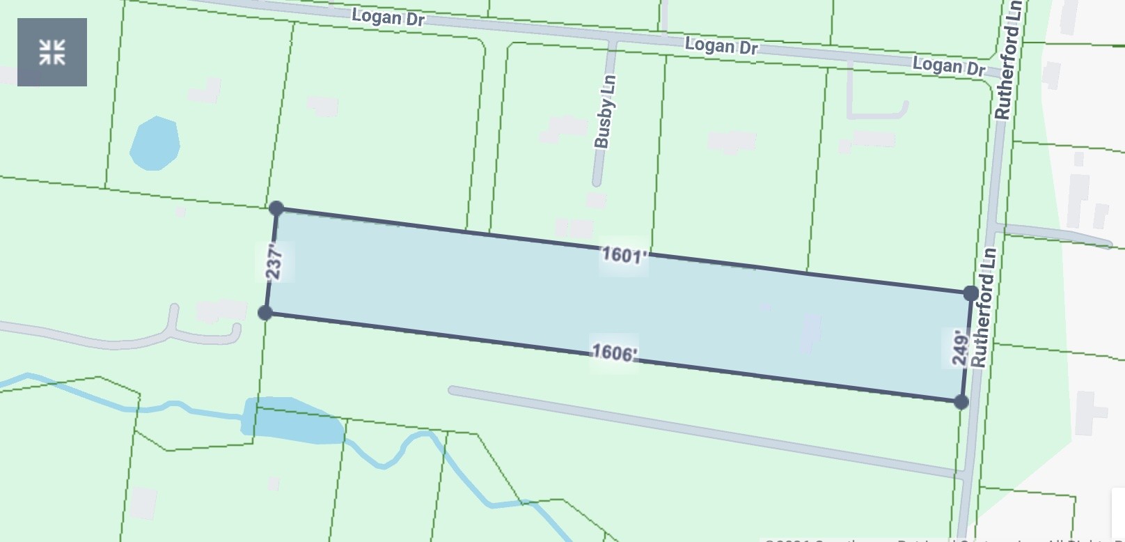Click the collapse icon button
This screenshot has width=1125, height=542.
coord(52,52)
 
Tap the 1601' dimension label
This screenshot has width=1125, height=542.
coord(624,255)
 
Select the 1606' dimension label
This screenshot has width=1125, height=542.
coord(613,353)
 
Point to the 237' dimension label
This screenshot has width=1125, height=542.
coord(275,262)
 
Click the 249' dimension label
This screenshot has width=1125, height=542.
coord(960,348)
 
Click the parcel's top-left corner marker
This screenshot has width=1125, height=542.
coord(276,208)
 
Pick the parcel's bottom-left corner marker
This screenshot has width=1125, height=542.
coord(265,313)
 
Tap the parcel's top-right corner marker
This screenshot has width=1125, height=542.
coord(970,293)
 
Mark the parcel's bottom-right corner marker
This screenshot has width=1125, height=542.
coord(961,401)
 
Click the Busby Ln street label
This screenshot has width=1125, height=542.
coord(604,111)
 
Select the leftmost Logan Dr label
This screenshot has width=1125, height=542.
coord(388,17)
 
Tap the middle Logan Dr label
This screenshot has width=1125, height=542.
coord(721,47)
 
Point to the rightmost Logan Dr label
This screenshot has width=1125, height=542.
coord(949,66)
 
